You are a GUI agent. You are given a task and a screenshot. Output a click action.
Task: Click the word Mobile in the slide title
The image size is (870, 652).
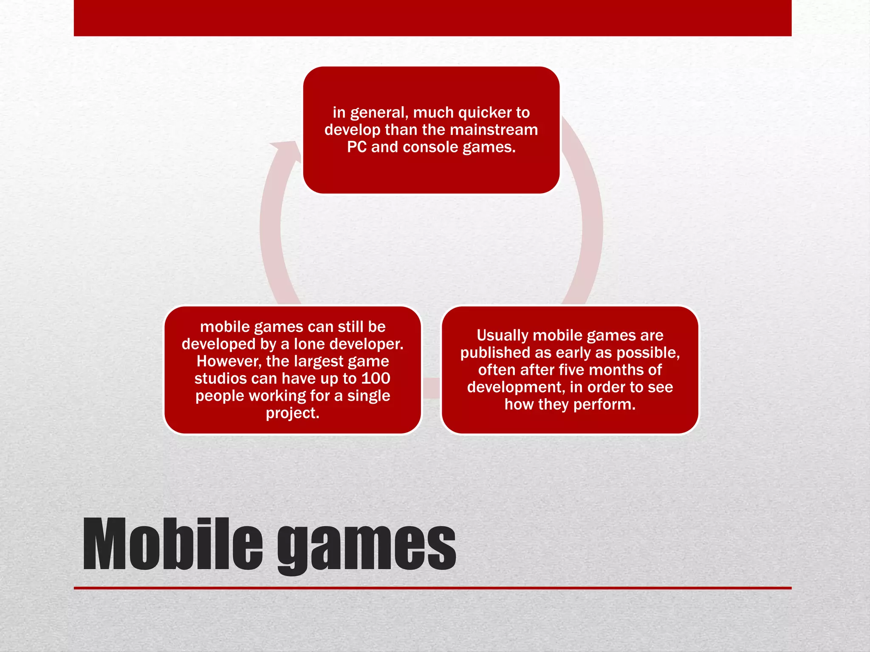[x=173, y=544]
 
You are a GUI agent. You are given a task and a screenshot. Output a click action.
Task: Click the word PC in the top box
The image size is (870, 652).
[x=356, y=147]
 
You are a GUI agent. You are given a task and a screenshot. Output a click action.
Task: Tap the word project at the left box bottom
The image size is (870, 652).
[x=292, y=413]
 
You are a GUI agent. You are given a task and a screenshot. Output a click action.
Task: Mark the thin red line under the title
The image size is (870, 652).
[x=432, y=588]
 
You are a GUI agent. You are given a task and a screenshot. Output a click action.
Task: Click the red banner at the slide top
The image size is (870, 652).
[x=432, y=18]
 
